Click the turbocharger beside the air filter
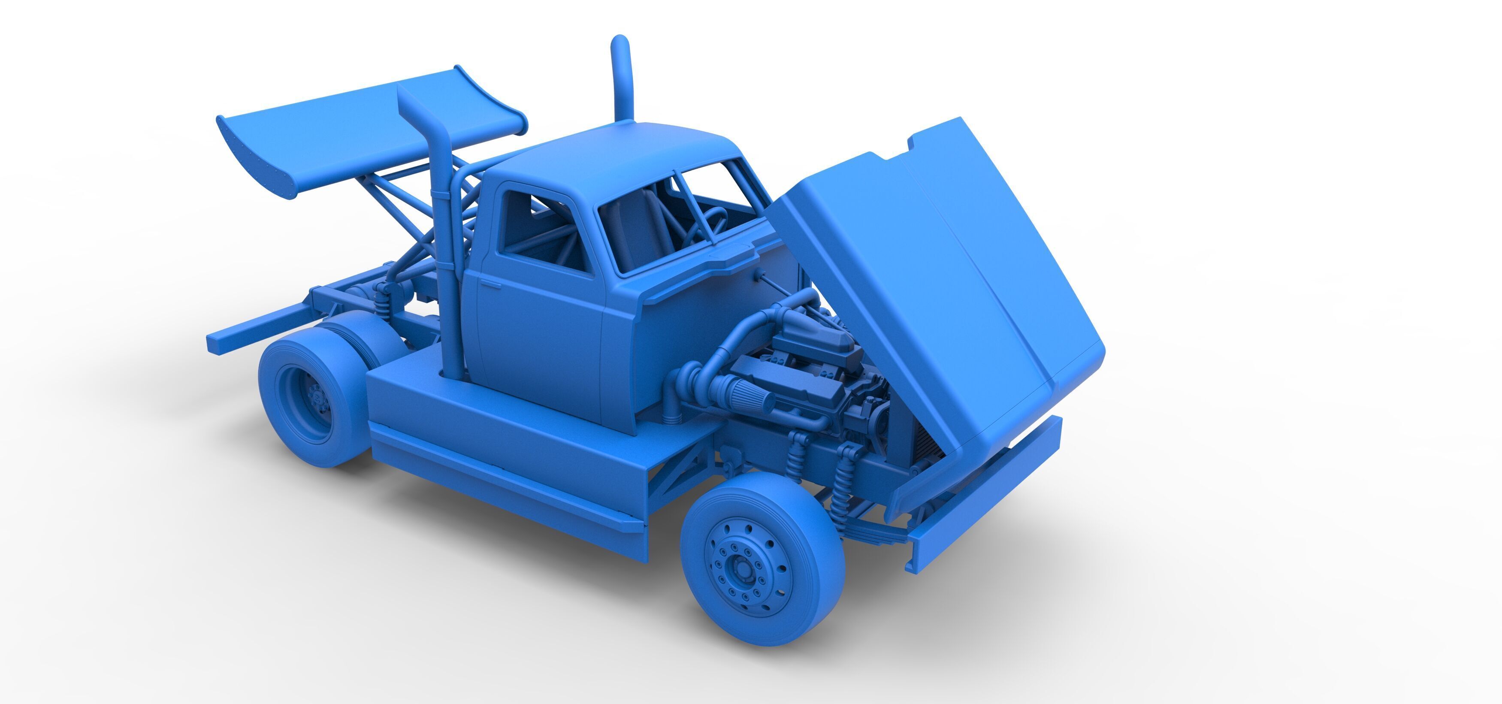[x=691, y=373]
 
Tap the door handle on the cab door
[x=490, y=284]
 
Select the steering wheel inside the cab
[x=708, y=224]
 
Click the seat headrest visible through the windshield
[x=641, y=204]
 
